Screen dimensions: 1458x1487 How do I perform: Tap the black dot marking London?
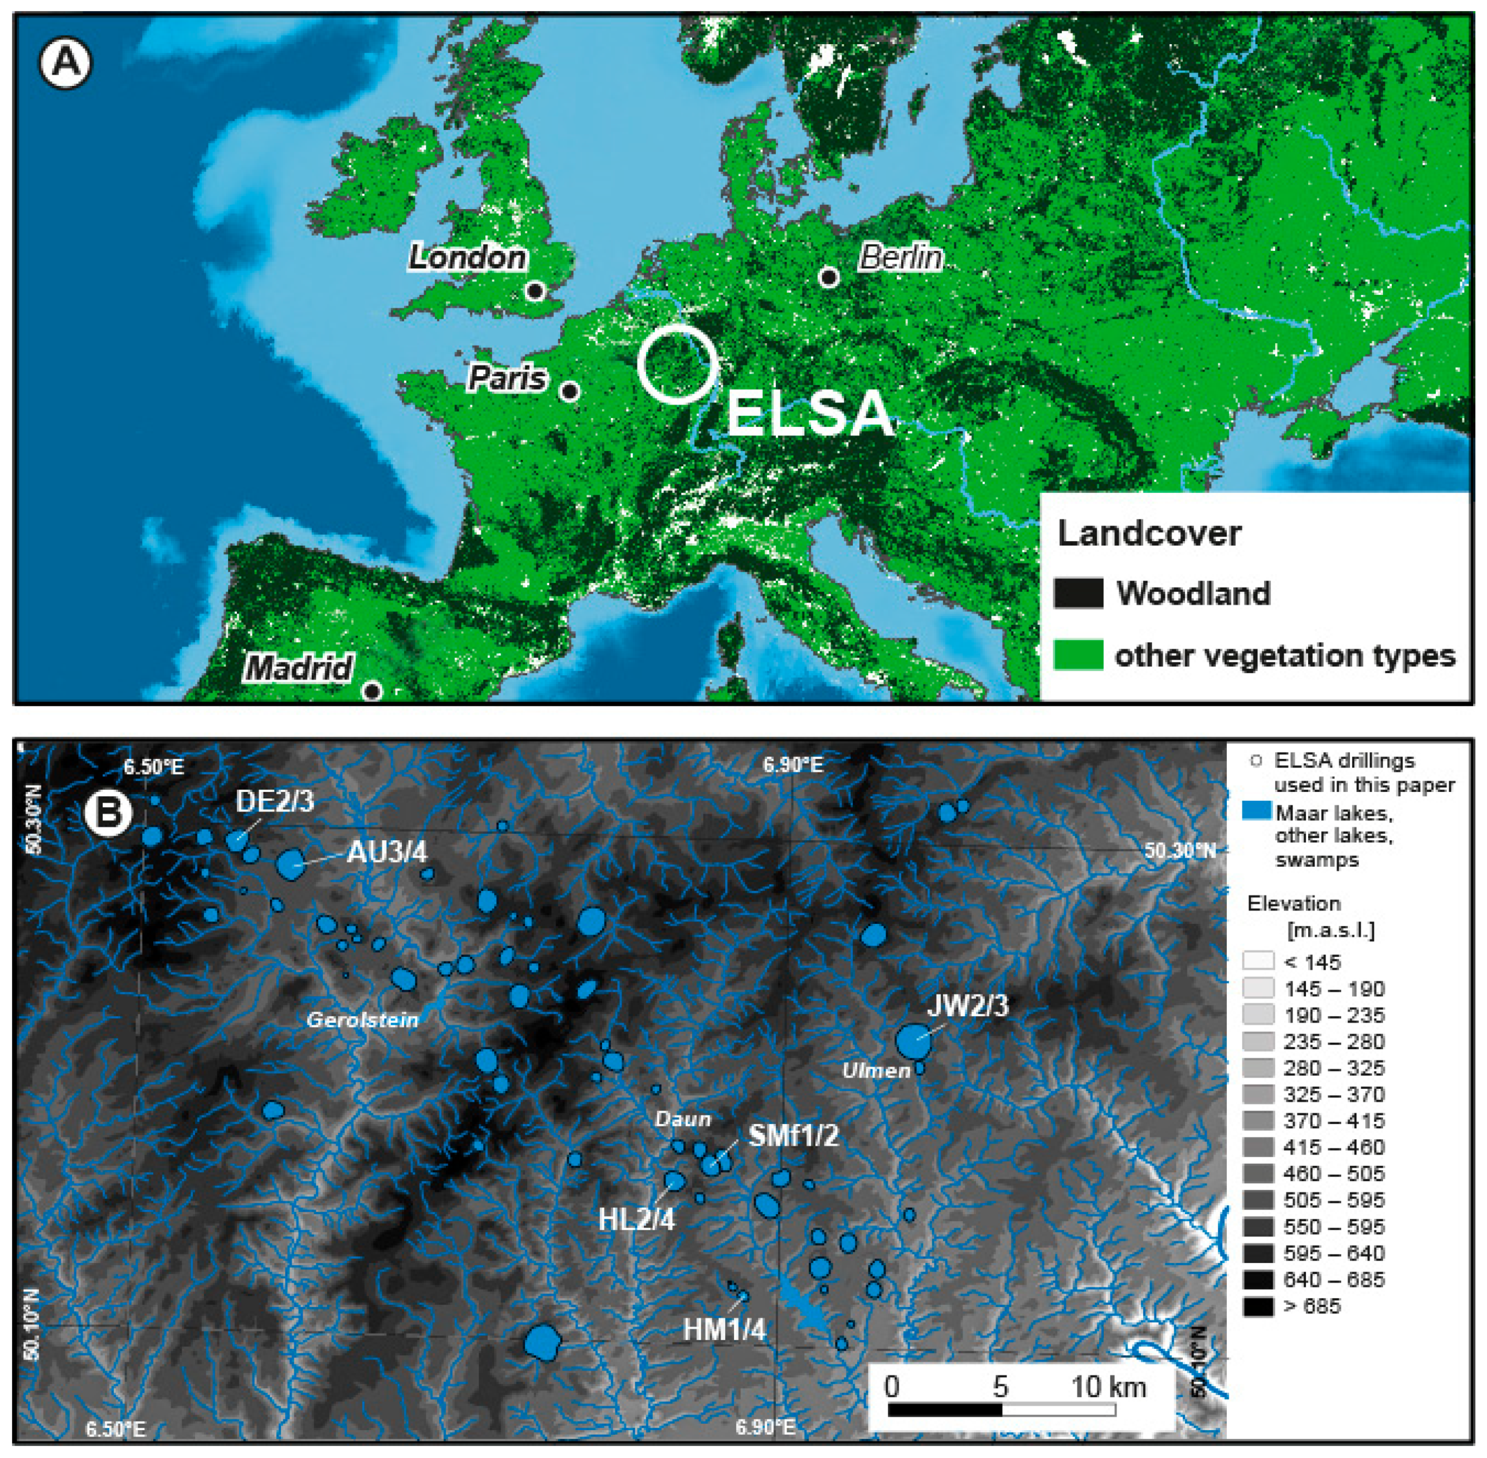pyautogui.click(x=536, y=291)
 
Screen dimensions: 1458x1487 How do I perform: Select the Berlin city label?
pyautogui.click(x=901, y=257)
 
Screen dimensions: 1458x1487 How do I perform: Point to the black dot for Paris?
pyautogui.click(x=570, y=392)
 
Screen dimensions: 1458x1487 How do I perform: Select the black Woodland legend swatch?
pyautogui.click(x=1078, y=593)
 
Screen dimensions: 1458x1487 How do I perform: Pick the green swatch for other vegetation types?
pyautogui.click(x=1078, y=656)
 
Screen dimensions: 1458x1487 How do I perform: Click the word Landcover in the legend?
pyautogui.click(x=1148, y=534)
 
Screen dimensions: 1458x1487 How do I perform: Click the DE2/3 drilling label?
pyautogui.click(x=274, y=802)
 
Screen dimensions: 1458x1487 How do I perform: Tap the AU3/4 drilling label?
pyautogui.click(x=387, y=852)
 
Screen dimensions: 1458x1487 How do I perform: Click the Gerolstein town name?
pyautogui.click(x=362, y=1020)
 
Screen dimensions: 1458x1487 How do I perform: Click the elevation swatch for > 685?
pyautogui.click(x=1258, y=1306)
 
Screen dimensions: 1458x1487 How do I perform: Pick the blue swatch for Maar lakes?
pyautogui.click(x=1256, y=812)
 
